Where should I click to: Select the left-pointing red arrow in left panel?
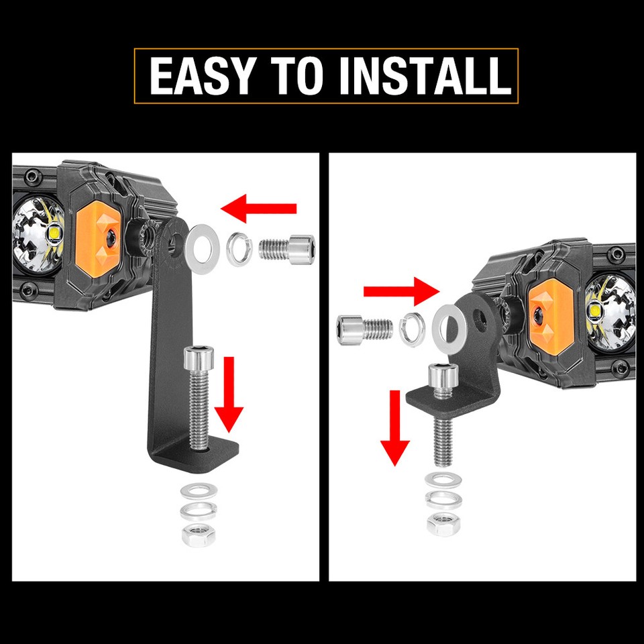point(259,209)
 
